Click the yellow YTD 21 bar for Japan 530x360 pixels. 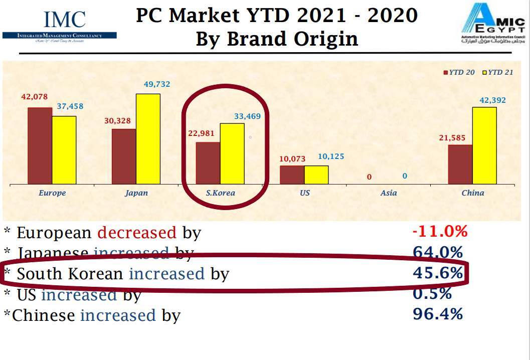tap(148, 138)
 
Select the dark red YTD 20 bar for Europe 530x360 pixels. tap(40, 145)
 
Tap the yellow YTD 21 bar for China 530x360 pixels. tap(484, 145)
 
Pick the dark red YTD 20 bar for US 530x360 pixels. tap(292, 174)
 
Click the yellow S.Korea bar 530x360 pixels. tap(232, 153)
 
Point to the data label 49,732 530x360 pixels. tap(156, 84)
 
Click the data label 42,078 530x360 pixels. tap(35, 97)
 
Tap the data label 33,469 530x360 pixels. tap(247, 116)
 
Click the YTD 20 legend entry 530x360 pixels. tap(459, 72)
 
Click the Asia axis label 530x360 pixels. tap(389, 193)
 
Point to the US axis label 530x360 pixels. tap(305, 193)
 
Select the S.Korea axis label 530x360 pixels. tap(221, 193)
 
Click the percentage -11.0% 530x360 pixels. tap(439, 232)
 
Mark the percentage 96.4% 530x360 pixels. tap(437, 314)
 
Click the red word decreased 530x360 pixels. tap(137, 233)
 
